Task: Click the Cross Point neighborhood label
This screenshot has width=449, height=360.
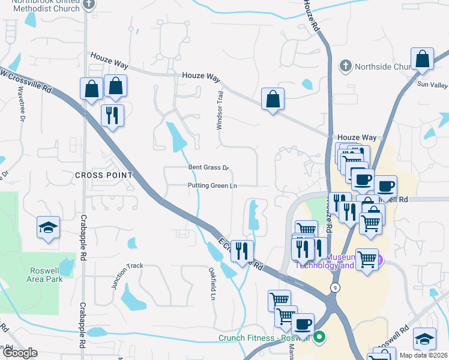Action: click(x=103, y=175)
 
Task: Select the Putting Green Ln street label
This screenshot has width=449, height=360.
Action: click(x=212, y=186)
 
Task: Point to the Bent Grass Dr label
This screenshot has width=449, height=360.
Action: click(x=209, y=168)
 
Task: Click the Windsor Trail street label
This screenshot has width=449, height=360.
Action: click(x=220, y=110)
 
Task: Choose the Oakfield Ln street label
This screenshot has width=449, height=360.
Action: click(x=212, y=283)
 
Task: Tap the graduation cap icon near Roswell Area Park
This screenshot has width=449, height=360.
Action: click(x=48, y=228)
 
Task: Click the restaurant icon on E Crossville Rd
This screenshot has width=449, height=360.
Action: click(x=242, y=251)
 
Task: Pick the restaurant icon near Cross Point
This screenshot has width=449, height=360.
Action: click(x=112, y=115)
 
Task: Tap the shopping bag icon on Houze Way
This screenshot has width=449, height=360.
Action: click(x=273, y=100)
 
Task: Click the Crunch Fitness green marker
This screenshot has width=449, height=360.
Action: click(x=319, y=337)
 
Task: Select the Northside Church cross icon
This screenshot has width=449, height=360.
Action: click(x=345, y=65)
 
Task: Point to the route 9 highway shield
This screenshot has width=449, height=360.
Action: click(x=335, y=287)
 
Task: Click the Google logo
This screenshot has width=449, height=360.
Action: click(x=20, y=353)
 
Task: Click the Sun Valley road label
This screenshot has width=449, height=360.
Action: click(x=433, y=85)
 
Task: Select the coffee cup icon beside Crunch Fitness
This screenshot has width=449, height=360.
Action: click(x=303, y=325)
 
